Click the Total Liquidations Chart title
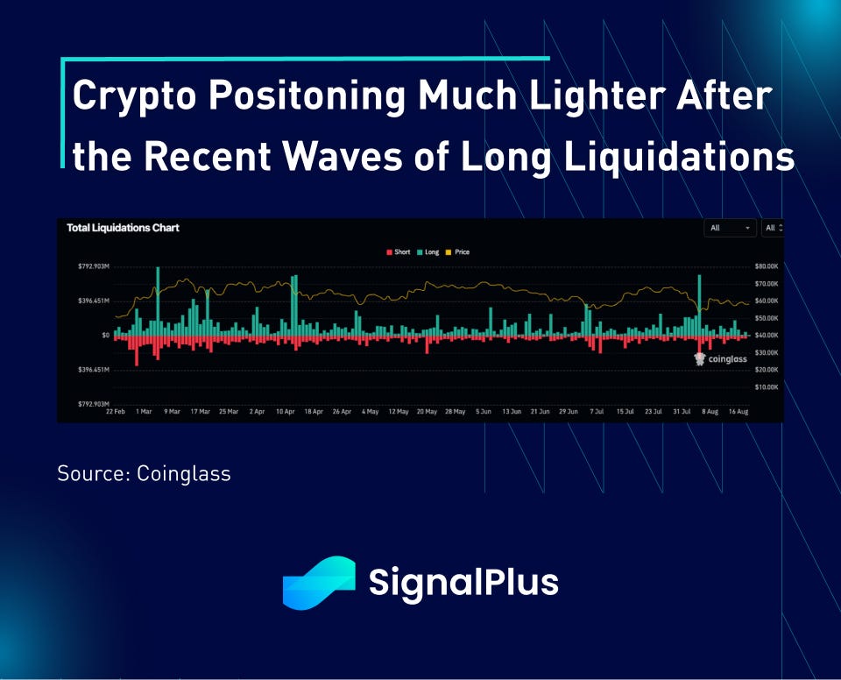pyautogui.click(x=123, y=228)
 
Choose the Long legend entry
pyautogui.click(x=428, y=252)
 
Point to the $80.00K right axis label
pyautogui.click(x=766, y=266)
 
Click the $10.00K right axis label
pyautogui.click(x=766, y=386)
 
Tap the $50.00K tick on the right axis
pyautogui.click(x=766, y=317)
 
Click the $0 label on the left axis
pyautogui.click(x=104, y=335)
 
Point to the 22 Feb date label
pyautogui.click(x=115, y=411)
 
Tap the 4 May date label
pyautogui.click(x=371, y=411)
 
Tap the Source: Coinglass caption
pyautogui.click(x=144, y=474)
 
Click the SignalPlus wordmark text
pyautogui.click(x=463, y=582)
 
